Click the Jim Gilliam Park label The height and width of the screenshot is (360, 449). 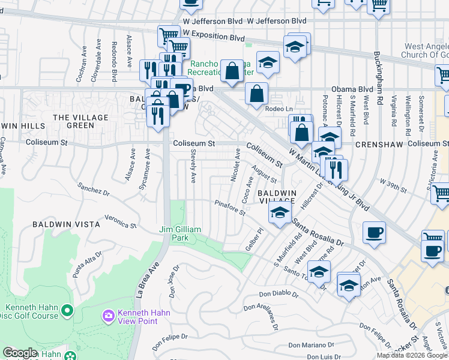(182, 233)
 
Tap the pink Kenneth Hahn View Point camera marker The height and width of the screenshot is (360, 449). (108, 315)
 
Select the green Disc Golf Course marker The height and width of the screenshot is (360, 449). (66, 311)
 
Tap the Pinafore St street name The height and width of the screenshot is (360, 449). (231, 208)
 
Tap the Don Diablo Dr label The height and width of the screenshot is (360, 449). (279, 294)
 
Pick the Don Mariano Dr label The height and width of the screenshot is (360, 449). (310, 345)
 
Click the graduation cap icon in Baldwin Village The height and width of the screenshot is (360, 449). (279, 212)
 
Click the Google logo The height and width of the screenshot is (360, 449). (20, 353)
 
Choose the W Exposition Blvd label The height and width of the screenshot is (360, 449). (210, 38)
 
